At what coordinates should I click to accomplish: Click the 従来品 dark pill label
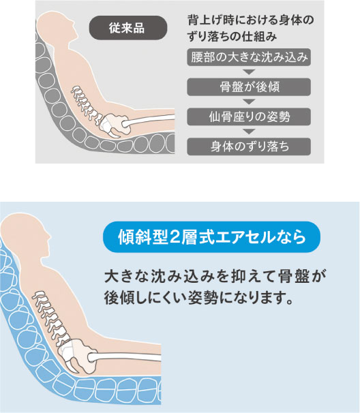pos(128,28)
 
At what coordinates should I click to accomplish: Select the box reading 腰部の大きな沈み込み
pos(249,57)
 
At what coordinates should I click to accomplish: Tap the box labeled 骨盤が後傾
pos(249,87)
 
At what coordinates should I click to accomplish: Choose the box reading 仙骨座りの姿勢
pos(249,117)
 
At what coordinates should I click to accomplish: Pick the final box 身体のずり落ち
pos(249,147)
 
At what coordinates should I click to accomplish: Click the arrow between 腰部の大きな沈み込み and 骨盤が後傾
pos(249,72)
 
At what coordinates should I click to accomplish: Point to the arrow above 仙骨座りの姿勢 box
pos(249,102)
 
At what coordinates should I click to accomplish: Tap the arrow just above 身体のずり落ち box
pos(249,132)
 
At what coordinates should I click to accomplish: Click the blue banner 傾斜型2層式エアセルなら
pos(211,237)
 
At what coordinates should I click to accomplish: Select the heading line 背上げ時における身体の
pos(251,20)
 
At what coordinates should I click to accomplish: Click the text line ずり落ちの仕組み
pos(232,36)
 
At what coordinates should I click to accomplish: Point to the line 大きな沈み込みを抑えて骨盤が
pos(215,277)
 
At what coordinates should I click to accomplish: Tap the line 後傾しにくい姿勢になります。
pos(198,298)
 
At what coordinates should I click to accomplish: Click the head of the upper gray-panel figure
pos(57,27)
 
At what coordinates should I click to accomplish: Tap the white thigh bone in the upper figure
pos(149,121)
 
